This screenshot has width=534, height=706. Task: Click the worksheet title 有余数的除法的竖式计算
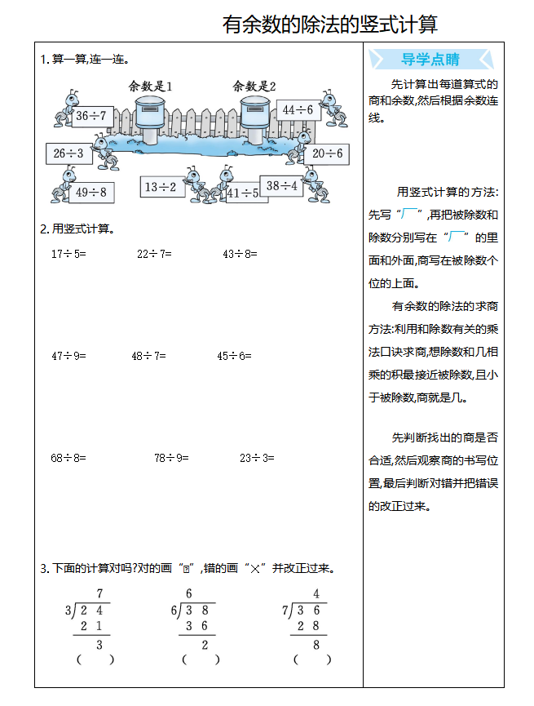tap(329, 24)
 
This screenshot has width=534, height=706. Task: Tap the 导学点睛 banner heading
tap(430, 59)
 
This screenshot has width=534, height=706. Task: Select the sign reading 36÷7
tap(90, 116)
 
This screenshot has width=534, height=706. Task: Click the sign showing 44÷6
tap(298, 109)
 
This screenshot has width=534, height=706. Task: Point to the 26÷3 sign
tap(69, 153)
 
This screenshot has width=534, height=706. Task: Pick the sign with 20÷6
tap(328, 153)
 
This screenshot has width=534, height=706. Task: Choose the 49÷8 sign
tap(90, 193)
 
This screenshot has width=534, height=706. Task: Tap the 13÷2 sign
tap(161, 187)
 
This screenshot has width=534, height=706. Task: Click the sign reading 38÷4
tap(282, 186)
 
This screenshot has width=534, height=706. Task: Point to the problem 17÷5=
tap(68, 254)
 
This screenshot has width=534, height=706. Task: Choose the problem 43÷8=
tap(240, 254)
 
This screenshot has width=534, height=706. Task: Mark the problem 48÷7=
tap(148, 356)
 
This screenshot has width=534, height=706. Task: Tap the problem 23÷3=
tap(257, 458)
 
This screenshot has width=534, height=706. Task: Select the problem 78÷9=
tap(171, 458)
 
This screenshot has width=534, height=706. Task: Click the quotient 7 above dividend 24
tap(99, 594)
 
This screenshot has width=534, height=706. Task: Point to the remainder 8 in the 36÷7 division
tap(316, 645)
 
